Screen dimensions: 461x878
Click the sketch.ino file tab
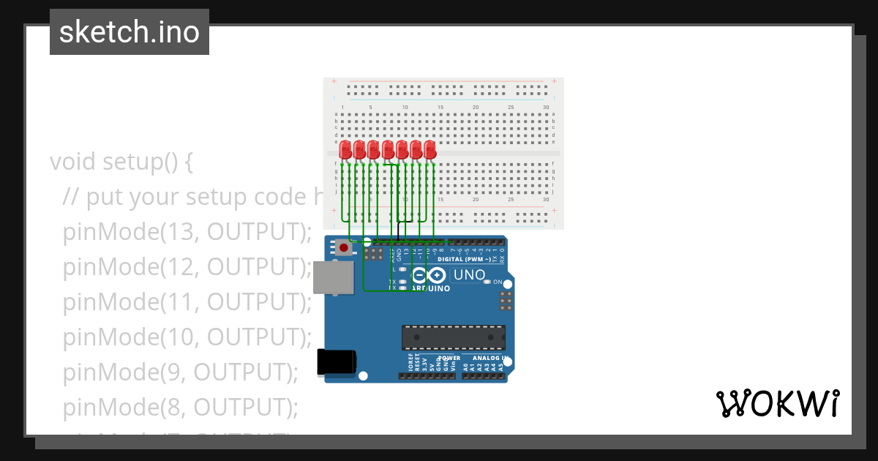(130, 32)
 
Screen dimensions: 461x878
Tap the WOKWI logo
(777, 403)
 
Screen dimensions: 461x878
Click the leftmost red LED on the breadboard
(345, 150)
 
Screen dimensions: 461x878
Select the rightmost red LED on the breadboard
(429, 150)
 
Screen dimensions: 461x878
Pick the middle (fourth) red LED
(388, 150)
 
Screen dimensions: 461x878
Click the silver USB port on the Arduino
(332, 278)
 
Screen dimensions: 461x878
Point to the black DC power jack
(336, 362)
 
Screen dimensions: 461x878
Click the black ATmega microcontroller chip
(453, 337)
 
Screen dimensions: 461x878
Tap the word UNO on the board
(469, 275)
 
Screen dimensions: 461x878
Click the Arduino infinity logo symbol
(428, 276)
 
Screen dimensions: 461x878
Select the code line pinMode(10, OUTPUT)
(187, 337)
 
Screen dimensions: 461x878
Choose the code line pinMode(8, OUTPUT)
(180, 407)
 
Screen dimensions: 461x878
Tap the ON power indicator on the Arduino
(498, 282)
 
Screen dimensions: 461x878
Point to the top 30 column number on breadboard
(546, 108)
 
